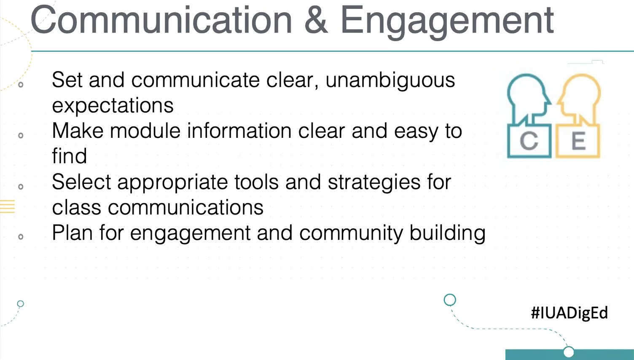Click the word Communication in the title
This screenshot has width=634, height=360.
(x=161, y=20)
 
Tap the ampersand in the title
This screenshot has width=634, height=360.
(x=316, y=20)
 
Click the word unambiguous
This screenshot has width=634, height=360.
(x=390, y=80)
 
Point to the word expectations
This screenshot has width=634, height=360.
(x=113, y=105)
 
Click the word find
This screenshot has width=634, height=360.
(x=70, y=156)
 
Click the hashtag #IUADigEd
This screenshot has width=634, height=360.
(x=569, y=313)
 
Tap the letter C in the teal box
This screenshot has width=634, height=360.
(x=529, y=141)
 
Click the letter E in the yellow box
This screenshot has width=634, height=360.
(x=578, y=141)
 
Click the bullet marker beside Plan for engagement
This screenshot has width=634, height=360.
(x=21, y=237)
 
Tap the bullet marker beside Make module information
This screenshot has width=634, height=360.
(x=21, y=135)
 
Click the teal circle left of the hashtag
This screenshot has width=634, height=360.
(x=450, y=300)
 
